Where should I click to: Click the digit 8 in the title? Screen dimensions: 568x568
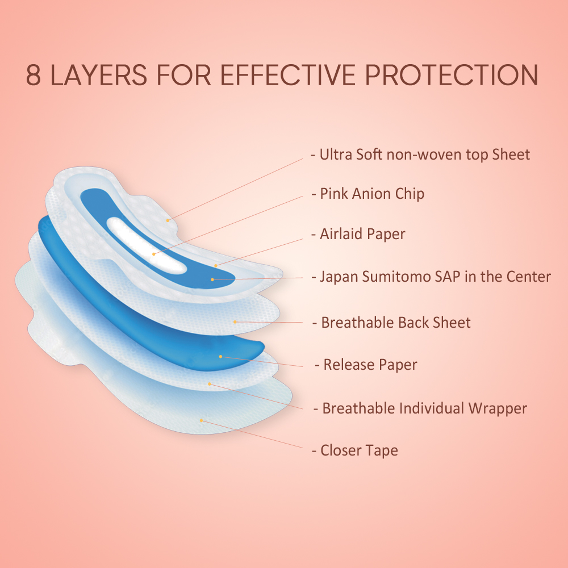(x=34, y=76)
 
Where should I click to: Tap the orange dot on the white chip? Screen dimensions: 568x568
(x=153, y=254)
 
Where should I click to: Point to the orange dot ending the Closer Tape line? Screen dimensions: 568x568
(x=202, y=420)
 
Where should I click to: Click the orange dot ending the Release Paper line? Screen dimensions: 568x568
(x=220, y=357)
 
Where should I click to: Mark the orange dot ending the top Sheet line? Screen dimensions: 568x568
(x=168, y=219)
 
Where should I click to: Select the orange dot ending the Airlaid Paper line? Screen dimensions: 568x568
(x=216, y=265)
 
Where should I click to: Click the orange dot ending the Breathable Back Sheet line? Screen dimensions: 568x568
(x=235, y=321)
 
